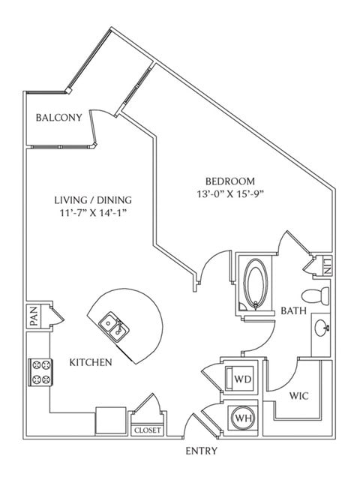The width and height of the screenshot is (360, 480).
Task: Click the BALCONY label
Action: tap(58, 118)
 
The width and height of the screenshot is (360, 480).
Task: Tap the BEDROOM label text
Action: tap(230, 181)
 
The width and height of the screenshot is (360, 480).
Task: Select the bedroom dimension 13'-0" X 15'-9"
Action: tap(230, 194)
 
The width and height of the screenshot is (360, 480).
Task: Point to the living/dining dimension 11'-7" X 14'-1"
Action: tap(93, 213)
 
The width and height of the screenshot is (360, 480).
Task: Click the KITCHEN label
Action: tap(91, 362)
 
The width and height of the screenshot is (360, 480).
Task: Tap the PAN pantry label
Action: tap(34, 316)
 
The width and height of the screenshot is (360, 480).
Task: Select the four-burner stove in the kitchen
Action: tap(41, 372)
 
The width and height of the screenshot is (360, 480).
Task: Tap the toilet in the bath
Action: tap(315, 296)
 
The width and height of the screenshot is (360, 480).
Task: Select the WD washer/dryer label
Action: tap(243, 379)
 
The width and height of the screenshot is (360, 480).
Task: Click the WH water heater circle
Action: tap(243, 418)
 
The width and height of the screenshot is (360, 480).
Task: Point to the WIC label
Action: tap(298, 396)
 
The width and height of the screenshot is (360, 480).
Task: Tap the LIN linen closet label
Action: tap(327, 266)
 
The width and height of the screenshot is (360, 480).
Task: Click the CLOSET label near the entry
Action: tap(148, 430)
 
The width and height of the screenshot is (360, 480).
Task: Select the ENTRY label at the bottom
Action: tap(202, 451)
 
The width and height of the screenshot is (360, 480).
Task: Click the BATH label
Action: tap(293, 311)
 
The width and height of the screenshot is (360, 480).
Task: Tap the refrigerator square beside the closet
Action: tap(111, 421)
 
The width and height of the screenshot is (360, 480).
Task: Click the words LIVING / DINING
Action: tap(93, 200)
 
